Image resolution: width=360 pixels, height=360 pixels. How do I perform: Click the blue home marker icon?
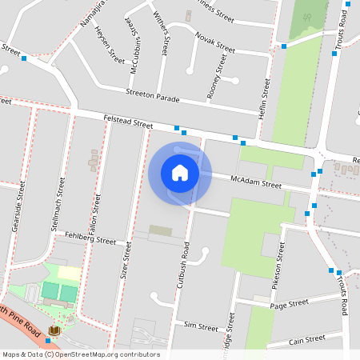coord(180,174)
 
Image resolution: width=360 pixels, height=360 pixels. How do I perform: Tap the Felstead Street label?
coord(128,121)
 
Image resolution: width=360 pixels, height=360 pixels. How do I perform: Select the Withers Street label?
coord(162,32)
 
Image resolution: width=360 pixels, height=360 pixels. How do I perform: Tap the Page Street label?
coord(289,304)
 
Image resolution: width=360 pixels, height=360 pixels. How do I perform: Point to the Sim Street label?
coord(201,326)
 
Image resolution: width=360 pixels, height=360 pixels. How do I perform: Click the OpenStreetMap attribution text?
coord(80,354)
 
